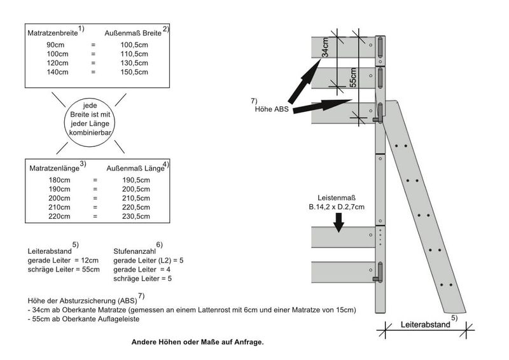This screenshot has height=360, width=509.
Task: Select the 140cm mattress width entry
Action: pyautogui.click(x=57, y=72)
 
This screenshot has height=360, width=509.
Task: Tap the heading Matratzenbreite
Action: pyautogui.click(x=52, y=31)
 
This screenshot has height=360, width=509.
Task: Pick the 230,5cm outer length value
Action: pyautogui.click(x=136, y=216)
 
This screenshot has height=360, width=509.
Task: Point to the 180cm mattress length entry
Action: pyautogui.click(x=59, y=181)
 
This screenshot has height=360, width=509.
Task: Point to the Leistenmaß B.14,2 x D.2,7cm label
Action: pyautogui.click(x=332, y=202)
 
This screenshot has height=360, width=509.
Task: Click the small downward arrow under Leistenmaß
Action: pyautogui.click(x=338, y=221)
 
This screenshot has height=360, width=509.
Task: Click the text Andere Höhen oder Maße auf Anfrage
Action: pyautogui.click(x=197, y=342)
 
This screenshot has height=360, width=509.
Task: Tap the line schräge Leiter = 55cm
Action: pyautogui.click(x=64, y=270)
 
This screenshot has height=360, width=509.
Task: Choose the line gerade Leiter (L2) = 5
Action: pyautogui.click(x=149, y=261)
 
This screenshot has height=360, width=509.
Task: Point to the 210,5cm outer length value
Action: pyautogui.click(x=136, y=198)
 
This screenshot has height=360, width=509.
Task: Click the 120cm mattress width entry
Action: pyautogui.click(x=57, y=63)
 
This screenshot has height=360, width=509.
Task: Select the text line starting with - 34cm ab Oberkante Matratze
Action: pyautogui.click(x=192, y=310)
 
